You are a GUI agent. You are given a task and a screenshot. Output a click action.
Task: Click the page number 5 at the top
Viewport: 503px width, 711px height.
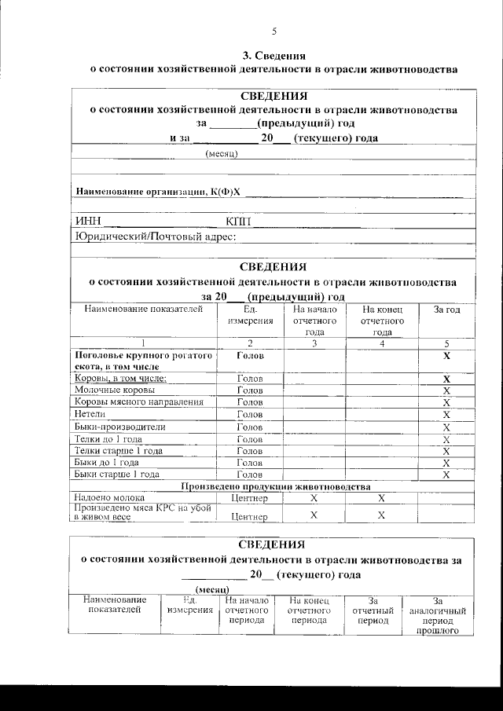(274, 31)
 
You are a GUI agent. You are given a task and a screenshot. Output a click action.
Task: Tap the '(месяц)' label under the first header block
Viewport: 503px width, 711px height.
(222, 154)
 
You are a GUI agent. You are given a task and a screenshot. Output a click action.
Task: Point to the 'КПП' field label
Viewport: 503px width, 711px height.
(238, 221)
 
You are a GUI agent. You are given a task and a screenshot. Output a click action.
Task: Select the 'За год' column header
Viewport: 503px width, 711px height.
(446, 310)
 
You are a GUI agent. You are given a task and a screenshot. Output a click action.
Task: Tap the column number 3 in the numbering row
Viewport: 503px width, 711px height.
(314, 343)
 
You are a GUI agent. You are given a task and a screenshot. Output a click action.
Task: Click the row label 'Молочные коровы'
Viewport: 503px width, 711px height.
(114, 390)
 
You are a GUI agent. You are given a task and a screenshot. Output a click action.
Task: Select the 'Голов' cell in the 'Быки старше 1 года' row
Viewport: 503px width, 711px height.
(250, 475)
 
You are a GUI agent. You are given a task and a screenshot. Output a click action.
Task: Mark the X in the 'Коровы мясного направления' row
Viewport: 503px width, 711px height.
(446, 402)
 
